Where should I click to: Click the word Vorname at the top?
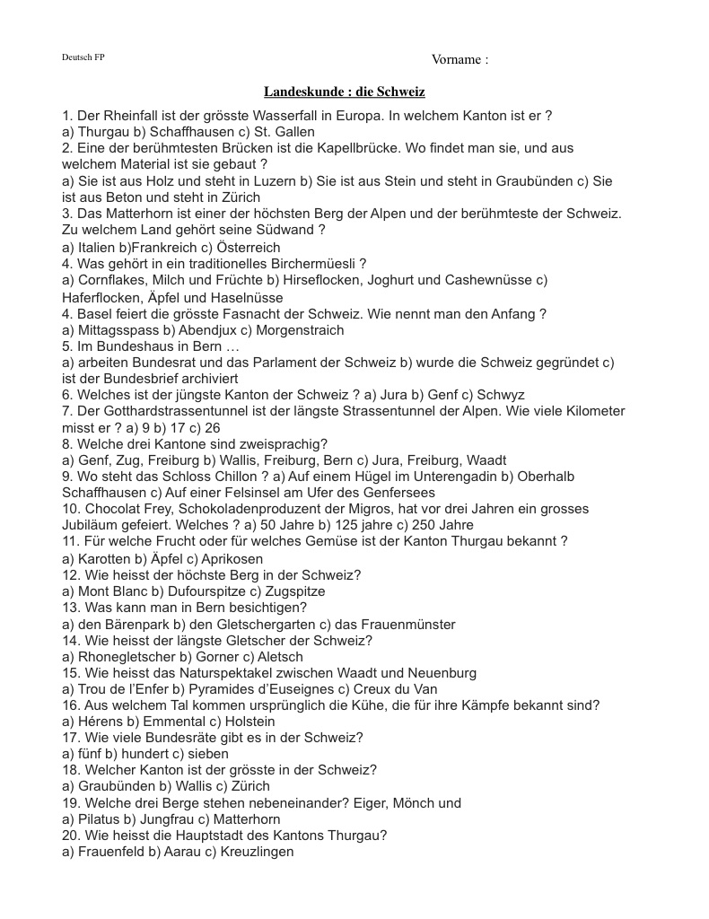(456, 60)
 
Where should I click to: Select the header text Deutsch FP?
(83, 57)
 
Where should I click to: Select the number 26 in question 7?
(212, 428)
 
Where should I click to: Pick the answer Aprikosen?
(233, 558)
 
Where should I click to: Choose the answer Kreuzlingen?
(257, 852)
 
